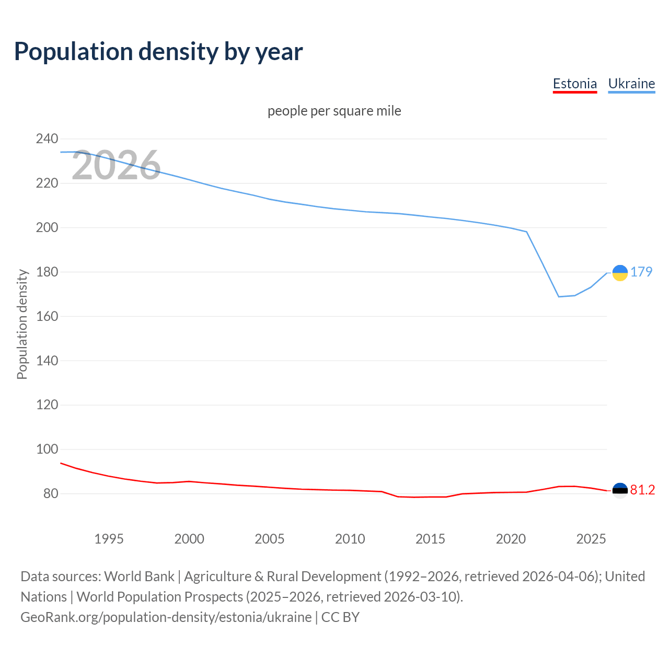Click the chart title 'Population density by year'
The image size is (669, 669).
[158, 52]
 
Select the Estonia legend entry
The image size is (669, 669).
[574, 84]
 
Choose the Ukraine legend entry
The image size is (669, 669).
[631, 84]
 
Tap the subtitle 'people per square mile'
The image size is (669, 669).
[334, 111]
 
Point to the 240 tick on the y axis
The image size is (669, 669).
[47, 139]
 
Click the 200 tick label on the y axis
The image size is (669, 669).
[47, 228]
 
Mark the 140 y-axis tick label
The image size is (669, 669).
[47, 361]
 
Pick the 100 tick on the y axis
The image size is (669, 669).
[47, 449]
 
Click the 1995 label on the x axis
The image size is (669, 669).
[109, 539]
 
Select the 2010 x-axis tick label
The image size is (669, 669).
[350, 539]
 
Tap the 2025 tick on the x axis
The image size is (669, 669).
[591, 539]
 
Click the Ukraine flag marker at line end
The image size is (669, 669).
[620, 273]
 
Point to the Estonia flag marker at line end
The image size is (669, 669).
[620, 490]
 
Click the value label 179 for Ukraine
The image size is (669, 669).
[641, 272]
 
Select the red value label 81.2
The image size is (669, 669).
[642, 490]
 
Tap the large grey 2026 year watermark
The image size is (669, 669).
[116, 166]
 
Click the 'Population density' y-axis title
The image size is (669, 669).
[22, 324]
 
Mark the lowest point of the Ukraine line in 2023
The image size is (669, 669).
[559, 297]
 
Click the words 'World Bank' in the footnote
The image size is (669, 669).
[139, 576]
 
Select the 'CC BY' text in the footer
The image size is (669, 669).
[340, 617]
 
